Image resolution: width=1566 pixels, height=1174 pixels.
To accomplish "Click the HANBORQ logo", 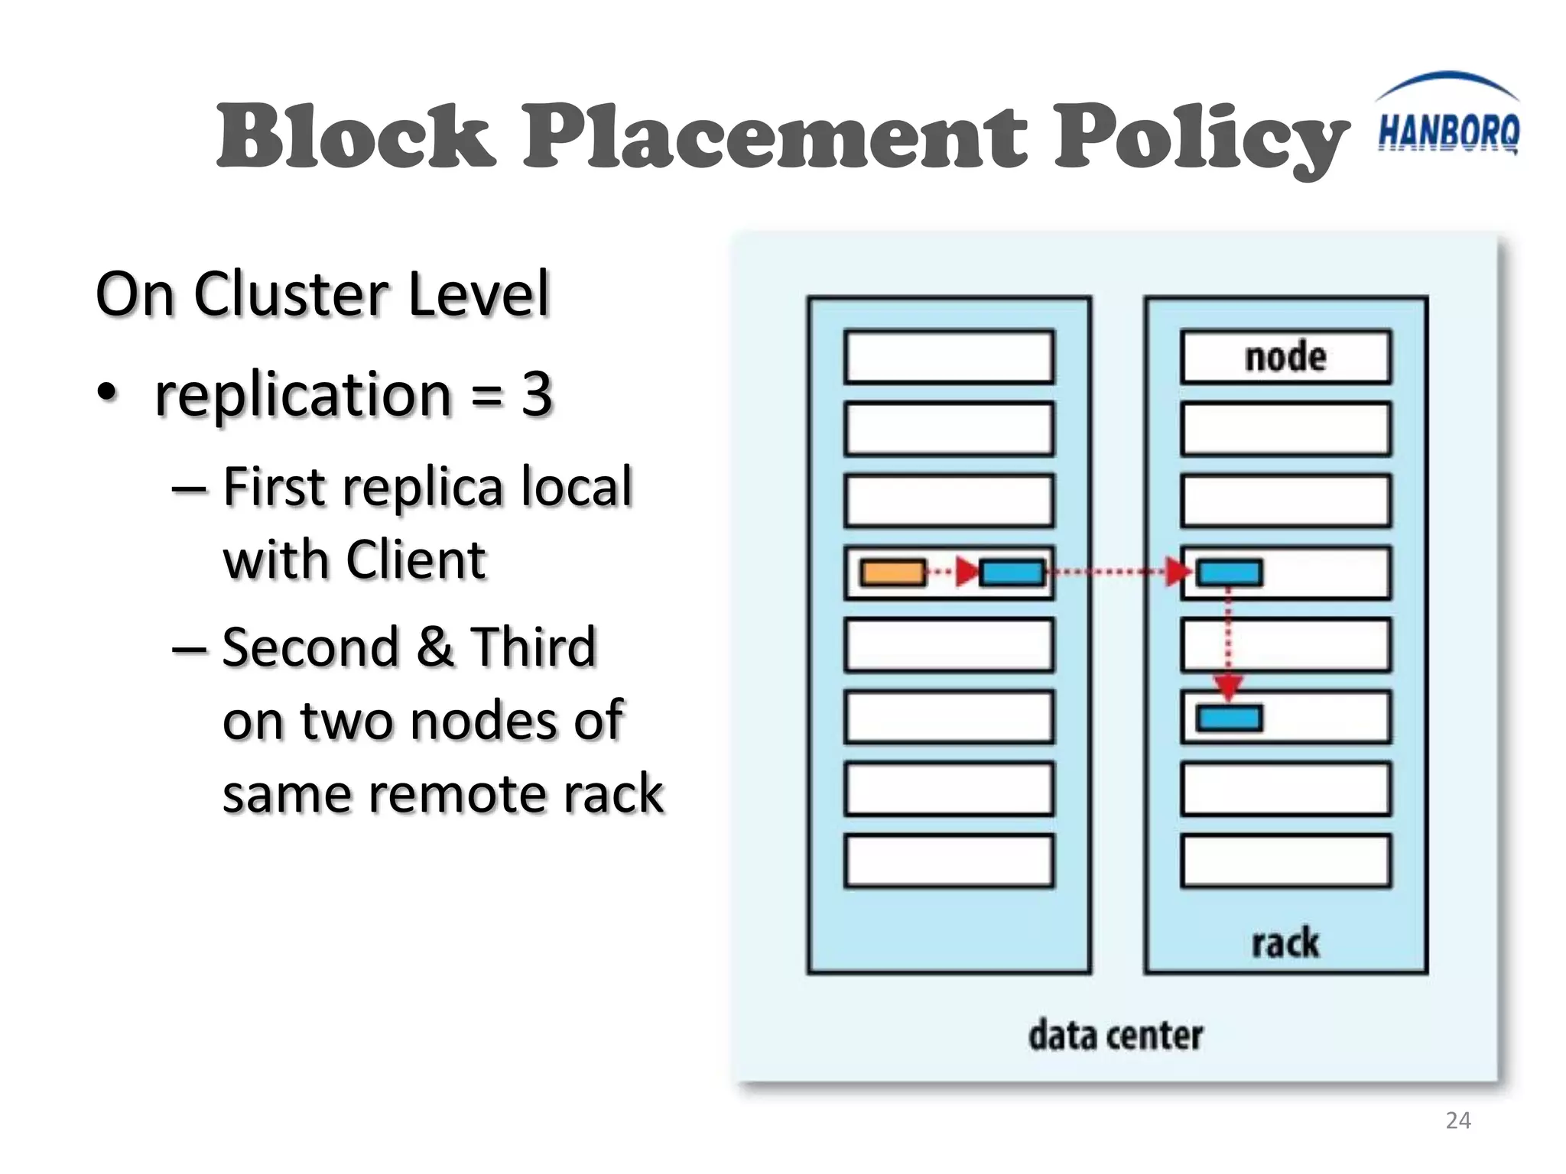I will (x=1447, y=122).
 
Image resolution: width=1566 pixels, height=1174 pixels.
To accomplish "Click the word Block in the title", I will (x=356, y=138).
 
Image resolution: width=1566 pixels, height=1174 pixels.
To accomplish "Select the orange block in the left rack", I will (x=892, y=572).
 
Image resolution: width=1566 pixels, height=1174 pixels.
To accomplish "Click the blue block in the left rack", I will (x=1012, y=572).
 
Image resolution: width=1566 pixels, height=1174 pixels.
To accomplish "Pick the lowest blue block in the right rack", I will (x=1229, y=718).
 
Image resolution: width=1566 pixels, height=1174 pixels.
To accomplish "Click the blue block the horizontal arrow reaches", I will (x=1229, y=572).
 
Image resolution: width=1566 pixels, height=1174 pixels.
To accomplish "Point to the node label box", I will (x=1285, y=357).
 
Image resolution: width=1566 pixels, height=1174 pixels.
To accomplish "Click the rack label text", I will (x=1285, y=942).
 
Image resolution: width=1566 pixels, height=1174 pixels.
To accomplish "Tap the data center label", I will (x=1115, y=1036).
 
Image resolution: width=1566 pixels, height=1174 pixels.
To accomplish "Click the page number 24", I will (x=1457, y=1120).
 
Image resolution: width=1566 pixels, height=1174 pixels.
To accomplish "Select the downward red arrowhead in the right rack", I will (x=1228, y=686).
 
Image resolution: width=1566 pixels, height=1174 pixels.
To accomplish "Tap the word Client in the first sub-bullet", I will (x=416, y=559).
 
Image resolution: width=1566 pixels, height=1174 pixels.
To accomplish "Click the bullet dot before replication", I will (x=108, y=393).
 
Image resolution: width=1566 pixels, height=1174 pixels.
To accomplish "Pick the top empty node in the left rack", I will (x=948, y=357).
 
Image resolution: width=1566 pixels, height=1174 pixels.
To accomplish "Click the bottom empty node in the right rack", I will (x=1285, y=861).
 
